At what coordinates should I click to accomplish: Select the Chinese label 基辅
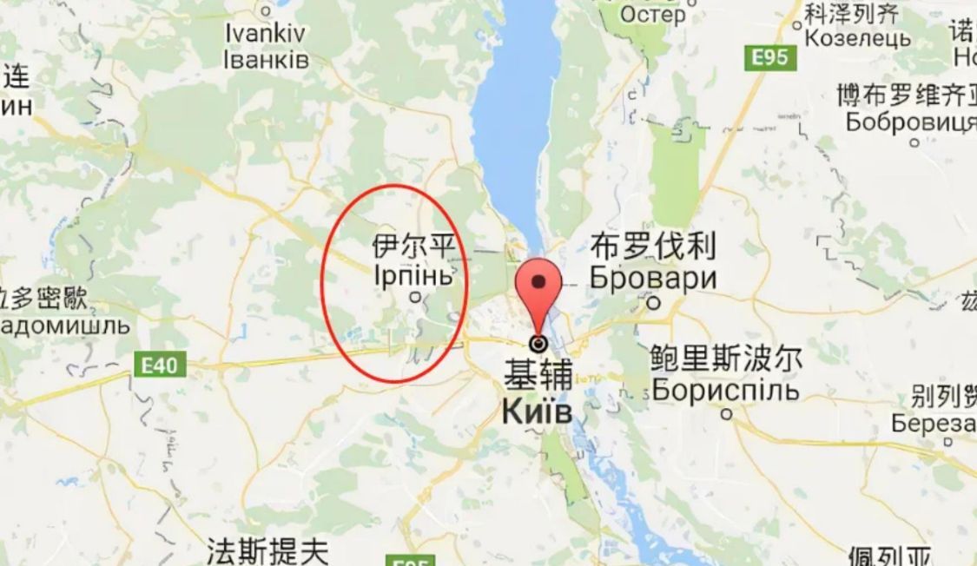click(538, 375)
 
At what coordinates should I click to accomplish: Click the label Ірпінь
click(413, 275)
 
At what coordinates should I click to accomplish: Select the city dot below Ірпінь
click(415, 298)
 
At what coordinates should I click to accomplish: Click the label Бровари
click(653, 279)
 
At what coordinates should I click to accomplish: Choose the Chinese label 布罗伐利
click(653, 247)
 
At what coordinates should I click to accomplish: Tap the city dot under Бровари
click(655, 304)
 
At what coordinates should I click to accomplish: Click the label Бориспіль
click(725, 390)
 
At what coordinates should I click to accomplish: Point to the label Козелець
click(857, 38)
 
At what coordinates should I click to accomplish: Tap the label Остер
click(652, 15)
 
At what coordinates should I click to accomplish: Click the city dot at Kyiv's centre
click(539, 344)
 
